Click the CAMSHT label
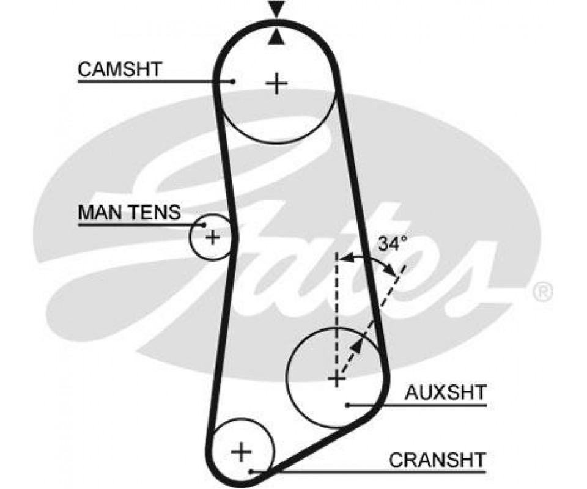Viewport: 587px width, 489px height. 120,70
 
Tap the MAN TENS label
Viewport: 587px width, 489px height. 130,213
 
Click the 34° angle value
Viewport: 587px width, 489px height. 392,244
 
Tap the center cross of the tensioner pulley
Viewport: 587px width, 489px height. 212,237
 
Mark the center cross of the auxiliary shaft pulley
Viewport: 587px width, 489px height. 336,380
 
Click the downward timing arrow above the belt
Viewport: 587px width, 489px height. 277,9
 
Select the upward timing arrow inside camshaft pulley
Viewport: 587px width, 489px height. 277,39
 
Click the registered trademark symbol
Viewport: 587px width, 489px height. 542,292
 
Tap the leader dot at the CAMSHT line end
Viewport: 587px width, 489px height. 234,81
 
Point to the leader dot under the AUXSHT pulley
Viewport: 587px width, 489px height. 347,405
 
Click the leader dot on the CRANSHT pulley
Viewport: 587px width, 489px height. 251,471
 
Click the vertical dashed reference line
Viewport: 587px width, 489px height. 336,306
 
